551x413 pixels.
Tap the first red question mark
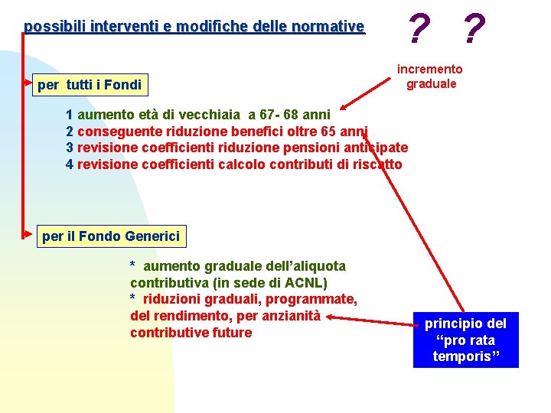418,30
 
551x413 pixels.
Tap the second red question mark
474,30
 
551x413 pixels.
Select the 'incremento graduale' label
431,76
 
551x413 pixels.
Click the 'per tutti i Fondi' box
90,84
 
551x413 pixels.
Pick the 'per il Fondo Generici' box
111,236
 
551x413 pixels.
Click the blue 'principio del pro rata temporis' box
465,340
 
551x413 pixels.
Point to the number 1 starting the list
70,115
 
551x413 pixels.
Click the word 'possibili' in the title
54,27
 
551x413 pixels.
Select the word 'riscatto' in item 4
376,164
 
